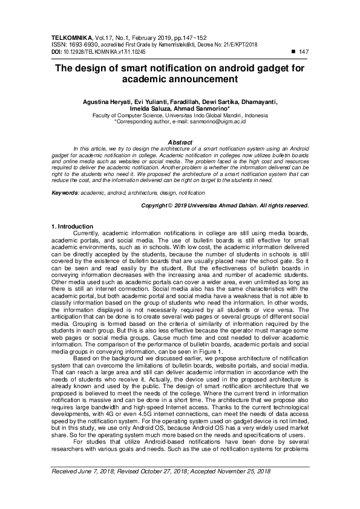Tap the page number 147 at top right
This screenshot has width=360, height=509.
(x=304, y=52)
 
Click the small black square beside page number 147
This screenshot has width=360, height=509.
(x=293, y=52)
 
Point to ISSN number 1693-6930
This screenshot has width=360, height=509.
(x=80, y=45)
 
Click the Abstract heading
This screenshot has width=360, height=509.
(x=179, y=142)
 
